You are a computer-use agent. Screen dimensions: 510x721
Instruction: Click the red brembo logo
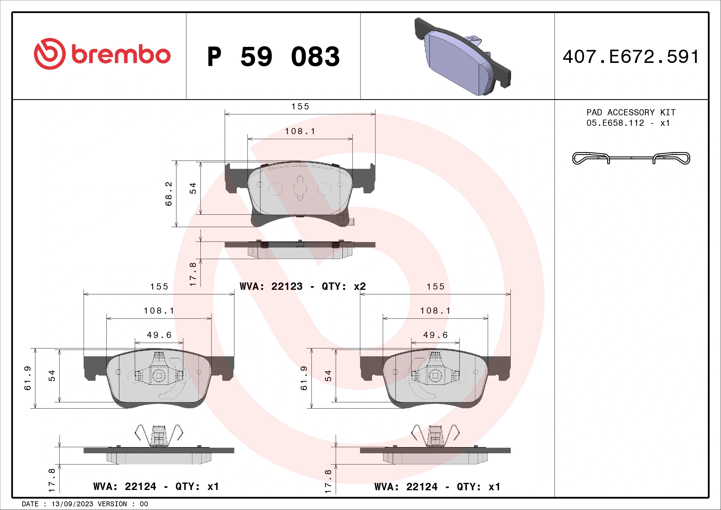click(x=102, y=54)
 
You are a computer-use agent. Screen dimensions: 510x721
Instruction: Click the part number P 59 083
click(x=273, y=57)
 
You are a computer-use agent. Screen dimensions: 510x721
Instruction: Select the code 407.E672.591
click(x=631, y=57)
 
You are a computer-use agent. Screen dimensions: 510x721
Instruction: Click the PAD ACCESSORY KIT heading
click(x=631, y=113)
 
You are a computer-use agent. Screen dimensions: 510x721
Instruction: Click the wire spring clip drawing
click(x=631, y=158)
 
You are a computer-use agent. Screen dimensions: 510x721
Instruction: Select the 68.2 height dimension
click(x=169, y=193)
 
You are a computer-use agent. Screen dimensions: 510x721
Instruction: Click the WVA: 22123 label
click(x=271, y=286)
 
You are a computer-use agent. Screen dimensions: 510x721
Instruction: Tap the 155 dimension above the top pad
click(x=300, y=106)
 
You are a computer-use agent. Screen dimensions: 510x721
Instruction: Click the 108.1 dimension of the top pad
click(x=300, y=131)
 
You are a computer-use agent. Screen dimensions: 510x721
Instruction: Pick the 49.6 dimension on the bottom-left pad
click(x=159, y=335)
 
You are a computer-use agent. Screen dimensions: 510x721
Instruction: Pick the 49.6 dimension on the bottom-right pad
click(x=436, y=335)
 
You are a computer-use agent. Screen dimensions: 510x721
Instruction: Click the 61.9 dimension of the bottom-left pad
click(x=28, y=378)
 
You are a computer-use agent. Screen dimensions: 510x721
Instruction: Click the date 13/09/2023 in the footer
click(x=72, y=504)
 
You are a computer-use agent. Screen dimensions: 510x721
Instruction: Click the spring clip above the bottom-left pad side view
click(x=159, y=436)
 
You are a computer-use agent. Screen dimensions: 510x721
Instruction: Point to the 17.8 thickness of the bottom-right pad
click(x=328, y=481)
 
